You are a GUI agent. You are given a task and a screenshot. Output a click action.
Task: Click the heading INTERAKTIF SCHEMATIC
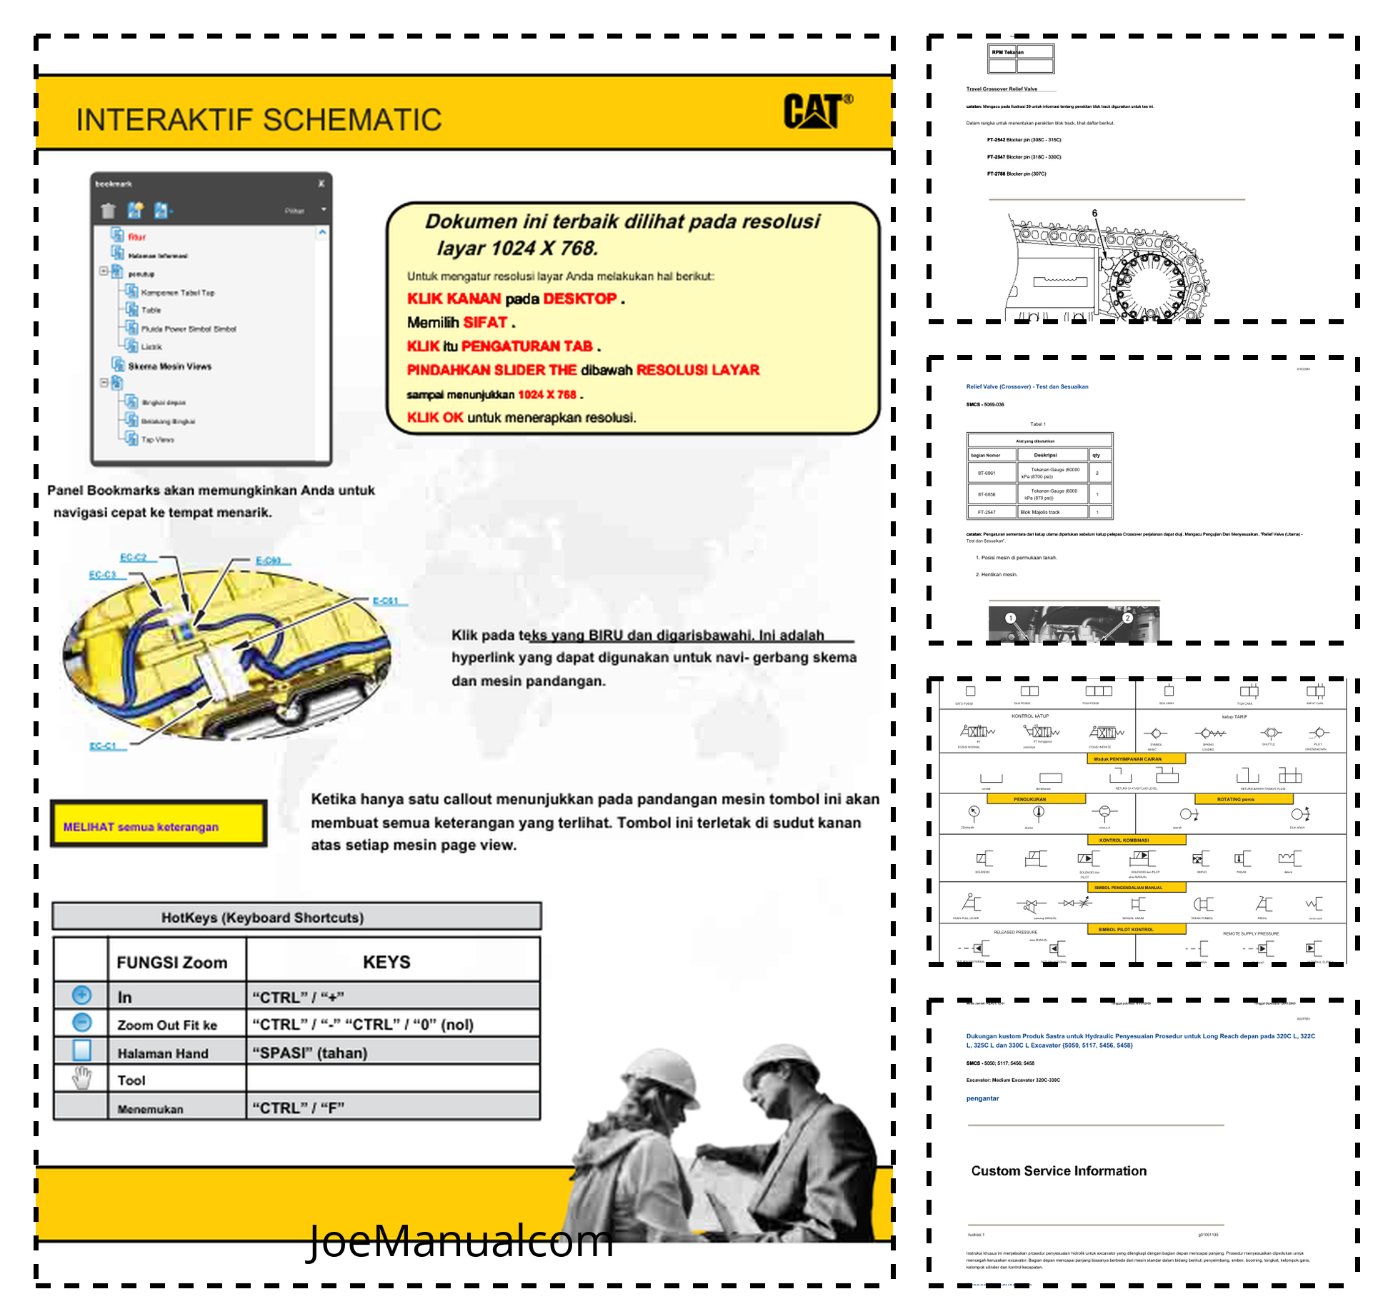259,119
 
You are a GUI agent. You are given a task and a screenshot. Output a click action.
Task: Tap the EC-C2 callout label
134,557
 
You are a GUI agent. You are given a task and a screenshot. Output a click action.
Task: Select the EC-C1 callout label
103,746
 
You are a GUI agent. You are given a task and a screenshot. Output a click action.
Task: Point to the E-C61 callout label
386,601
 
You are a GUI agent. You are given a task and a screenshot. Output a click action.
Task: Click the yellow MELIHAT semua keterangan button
158,826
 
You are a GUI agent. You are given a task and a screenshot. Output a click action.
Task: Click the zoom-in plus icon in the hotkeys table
82,995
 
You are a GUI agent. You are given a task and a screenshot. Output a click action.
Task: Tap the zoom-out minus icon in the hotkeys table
82,1023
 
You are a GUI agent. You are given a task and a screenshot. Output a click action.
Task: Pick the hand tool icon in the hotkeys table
82,1078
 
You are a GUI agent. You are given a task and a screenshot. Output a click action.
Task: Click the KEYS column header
386,962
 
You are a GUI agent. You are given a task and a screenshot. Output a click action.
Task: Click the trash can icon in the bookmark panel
108,210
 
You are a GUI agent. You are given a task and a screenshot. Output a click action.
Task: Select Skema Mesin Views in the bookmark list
170,366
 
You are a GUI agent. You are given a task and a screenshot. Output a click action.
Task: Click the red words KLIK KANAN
454,299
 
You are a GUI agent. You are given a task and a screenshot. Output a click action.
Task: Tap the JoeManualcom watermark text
461,1241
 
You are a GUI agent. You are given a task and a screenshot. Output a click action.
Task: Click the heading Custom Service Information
1058,1170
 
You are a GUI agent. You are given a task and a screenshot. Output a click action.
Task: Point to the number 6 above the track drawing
1094,213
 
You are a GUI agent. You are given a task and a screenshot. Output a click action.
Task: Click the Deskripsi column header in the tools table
1045,455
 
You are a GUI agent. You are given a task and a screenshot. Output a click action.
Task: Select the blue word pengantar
982,1098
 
